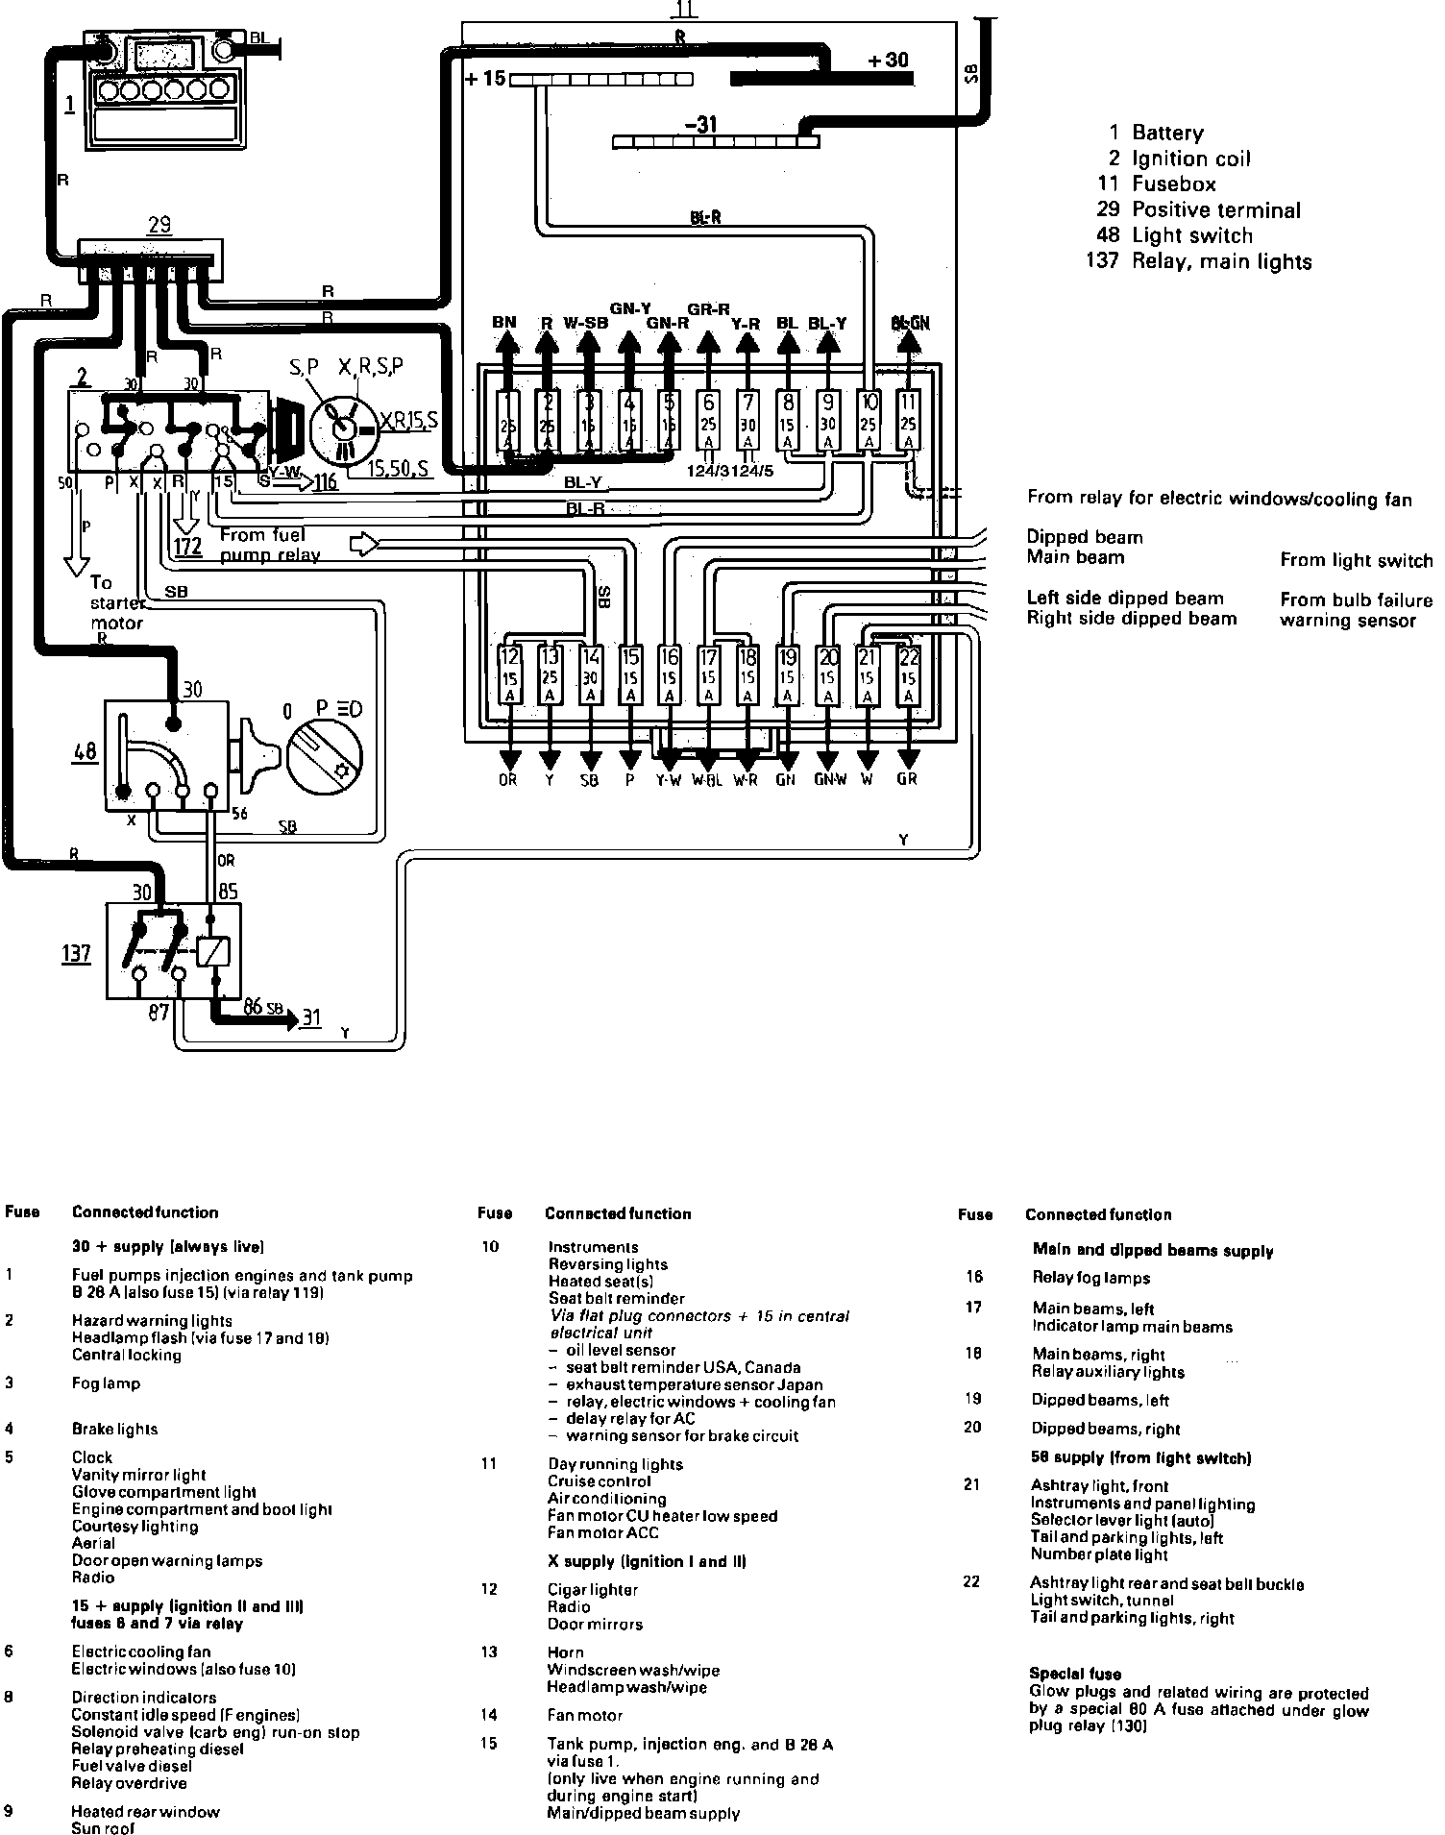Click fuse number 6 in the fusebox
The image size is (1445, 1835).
[708, 420]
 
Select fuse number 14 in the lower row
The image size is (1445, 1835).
[590, 677]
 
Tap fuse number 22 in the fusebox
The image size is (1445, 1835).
[908, 677]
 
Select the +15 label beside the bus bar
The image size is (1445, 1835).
[485, 79]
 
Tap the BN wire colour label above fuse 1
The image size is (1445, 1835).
[504, 323]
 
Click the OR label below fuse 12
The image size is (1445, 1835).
[508, 780]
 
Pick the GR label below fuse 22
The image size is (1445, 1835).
[907, 780]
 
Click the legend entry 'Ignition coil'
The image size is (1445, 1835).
[1191, 159]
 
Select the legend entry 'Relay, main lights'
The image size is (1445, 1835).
[1221, 261]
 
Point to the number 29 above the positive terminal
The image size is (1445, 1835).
[159, 225]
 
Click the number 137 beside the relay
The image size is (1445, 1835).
[76, 953]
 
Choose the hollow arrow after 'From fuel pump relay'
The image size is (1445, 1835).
[364, 544]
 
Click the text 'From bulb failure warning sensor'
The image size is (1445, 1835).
[1355, 610]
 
